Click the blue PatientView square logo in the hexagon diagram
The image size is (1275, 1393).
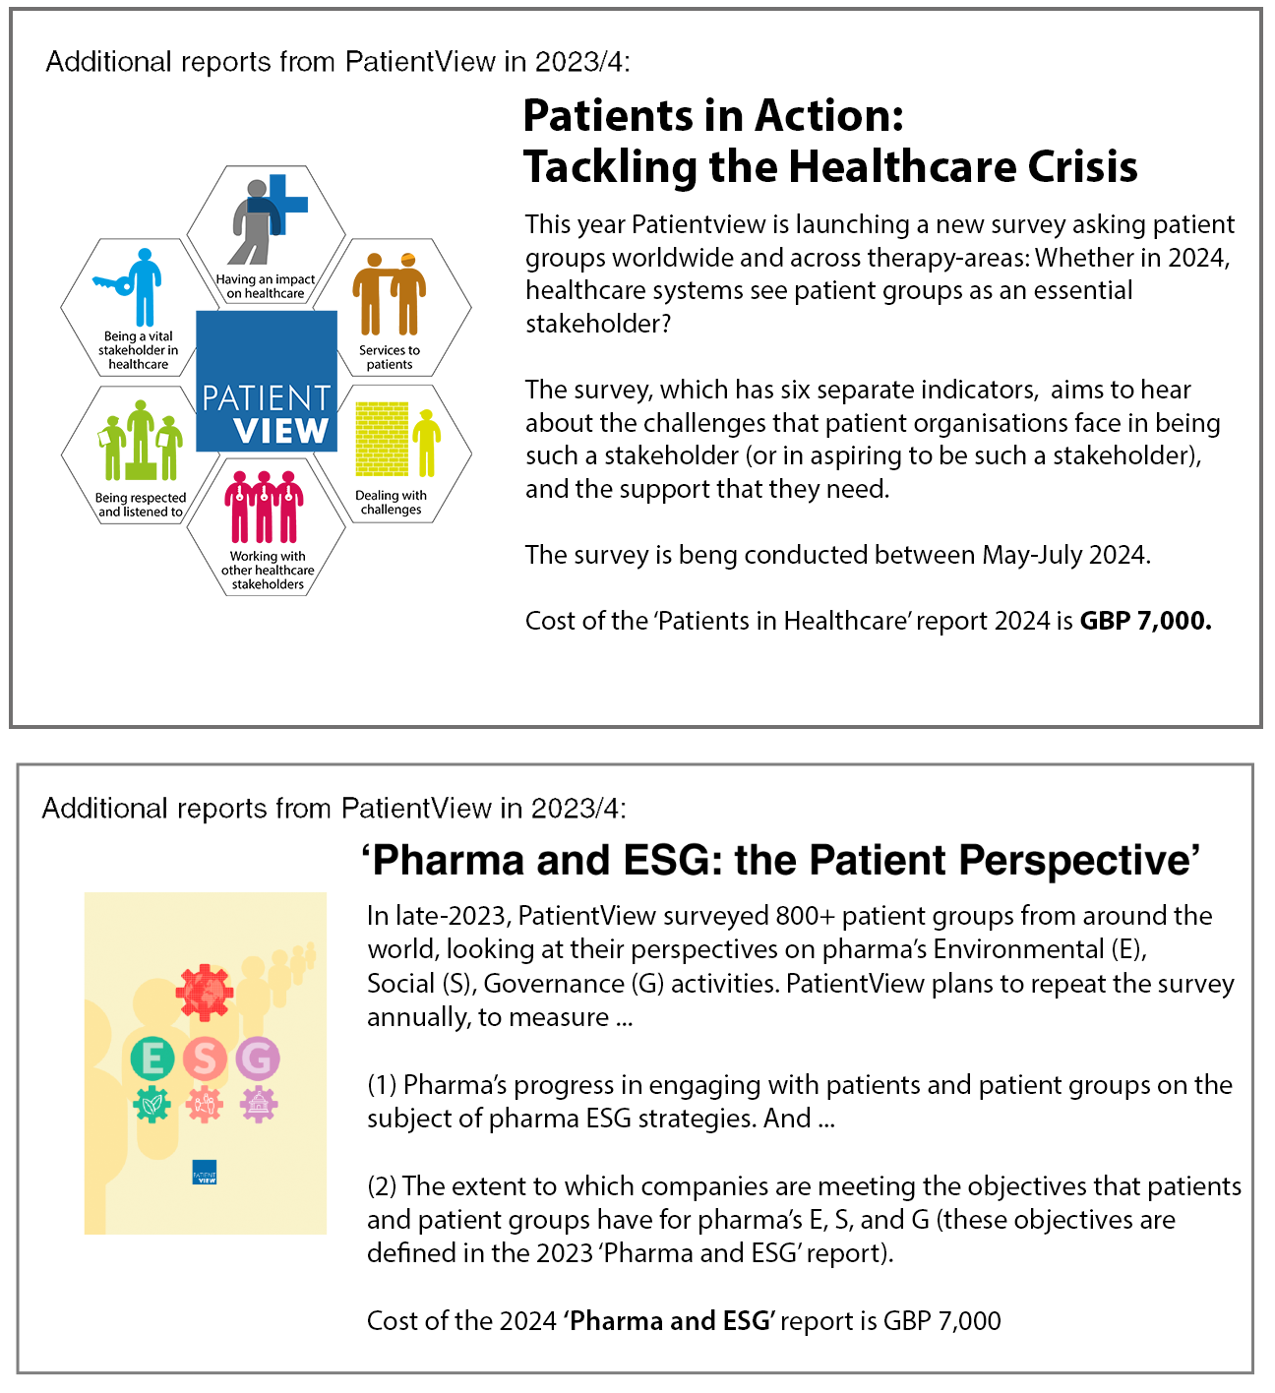point(267,382)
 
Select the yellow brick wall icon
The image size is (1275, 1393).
point(382,439)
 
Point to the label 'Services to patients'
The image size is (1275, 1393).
point(390,357)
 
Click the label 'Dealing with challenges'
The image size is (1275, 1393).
point(391,502)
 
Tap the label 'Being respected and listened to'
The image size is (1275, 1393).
point(141,505)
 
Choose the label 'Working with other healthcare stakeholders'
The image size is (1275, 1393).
point(268,571)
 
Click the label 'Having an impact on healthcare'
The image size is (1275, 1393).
point(266,286)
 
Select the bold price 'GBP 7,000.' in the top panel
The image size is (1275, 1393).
point(1146,620)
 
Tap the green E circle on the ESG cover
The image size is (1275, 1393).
point(152,1059)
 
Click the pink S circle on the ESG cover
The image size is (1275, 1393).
point(205,1059)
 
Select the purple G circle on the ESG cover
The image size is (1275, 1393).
point(258,1059)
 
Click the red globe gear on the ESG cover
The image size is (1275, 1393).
point(205,993)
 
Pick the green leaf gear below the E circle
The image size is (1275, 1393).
point(152,1104)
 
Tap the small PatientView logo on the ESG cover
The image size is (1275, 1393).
point(205,1172)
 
